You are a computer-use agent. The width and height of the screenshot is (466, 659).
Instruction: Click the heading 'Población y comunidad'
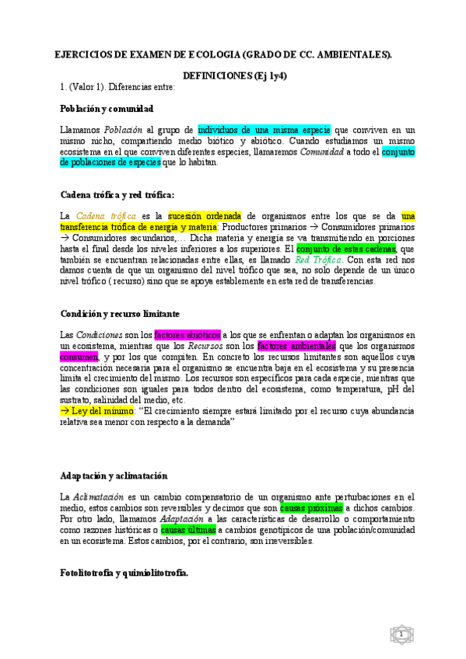[107, 109]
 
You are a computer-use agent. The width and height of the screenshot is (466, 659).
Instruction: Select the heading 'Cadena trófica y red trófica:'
[117, 194]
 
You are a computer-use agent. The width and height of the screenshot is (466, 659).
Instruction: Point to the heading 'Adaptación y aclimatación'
[114, 475]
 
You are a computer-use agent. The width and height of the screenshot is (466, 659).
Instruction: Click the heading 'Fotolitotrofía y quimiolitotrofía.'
[124, 572]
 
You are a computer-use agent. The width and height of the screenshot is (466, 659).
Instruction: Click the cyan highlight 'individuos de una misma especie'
[265, 130]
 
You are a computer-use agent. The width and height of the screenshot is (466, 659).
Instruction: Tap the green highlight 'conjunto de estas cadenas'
[345, 248]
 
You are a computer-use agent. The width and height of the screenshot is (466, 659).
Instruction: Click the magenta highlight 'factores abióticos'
[187, 334]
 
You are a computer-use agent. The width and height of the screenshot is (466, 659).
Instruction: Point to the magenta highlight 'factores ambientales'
[296, 345]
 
